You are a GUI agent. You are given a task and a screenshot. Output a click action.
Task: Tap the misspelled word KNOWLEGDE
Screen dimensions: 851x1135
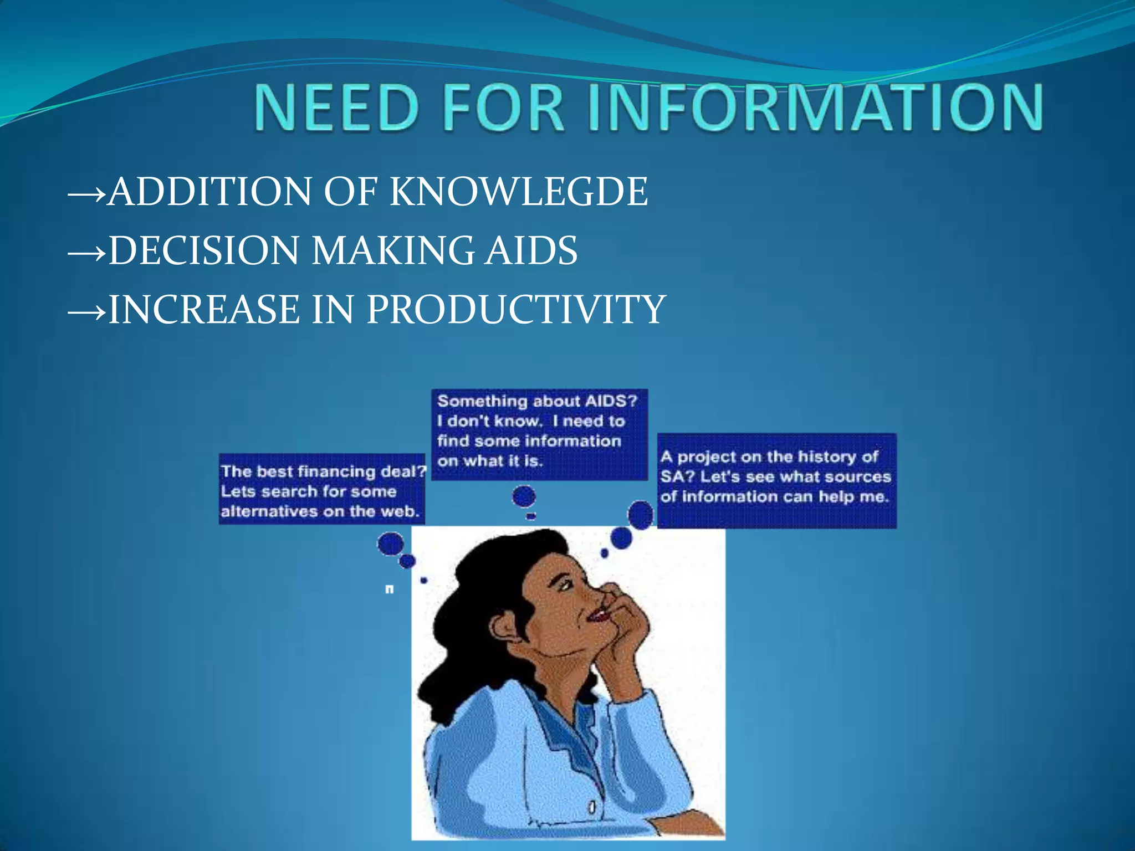click(518, 192)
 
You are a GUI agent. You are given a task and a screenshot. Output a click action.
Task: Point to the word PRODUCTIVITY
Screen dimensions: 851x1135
click(515, 309)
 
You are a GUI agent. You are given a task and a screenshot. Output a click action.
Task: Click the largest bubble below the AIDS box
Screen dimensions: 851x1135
click(524, 496)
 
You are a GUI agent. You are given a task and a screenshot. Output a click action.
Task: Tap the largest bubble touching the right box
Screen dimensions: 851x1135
click(641, 515)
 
